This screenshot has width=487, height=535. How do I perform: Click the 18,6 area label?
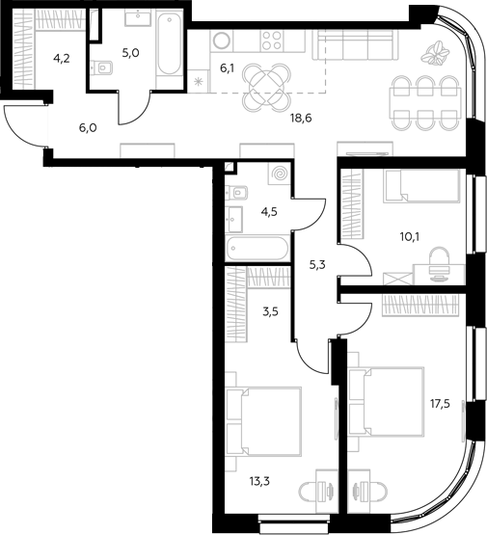pyautogui.click(x=301, y=119)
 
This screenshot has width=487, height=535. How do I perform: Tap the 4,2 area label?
pyautogui.click(x=62, y=59)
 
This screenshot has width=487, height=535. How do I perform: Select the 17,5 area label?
pyautogui.click(x=440, y=404)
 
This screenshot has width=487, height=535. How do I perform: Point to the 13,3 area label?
pyautogui.click(x=259, y=481)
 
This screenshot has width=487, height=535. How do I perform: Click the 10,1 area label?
pyautogui.click(x=410, y=236)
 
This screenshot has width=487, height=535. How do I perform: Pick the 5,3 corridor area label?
pyautogui.click(x=317, y=264)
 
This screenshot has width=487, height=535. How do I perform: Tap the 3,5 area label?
pyautogui.click(x=270, y=311)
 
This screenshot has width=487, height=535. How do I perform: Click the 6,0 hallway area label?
pyautogui.click(x=88, y=128)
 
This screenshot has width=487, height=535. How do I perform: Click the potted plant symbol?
pyautogui.click(x=435, y=53)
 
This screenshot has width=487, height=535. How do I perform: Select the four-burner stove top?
pyautogui.click(x=272, y=40)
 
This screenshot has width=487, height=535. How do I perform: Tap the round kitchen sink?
pyautogui.click(x=222, y=40)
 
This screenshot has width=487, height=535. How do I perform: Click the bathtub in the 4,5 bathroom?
pyautogui.click(x=257, y=249)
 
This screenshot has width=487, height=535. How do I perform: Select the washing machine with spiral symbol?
pyautogui.click(x=280, y=174)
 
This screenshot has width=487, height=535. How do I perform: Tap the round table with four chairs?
pyautogui.click(x=267, y=87)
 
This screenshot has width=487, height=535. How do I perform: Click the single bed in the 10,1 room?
pyautogui.click(x=421, y=187)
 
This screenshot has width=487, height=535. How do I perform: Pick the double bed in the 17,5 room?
pyautogui.click(x=387, y=402)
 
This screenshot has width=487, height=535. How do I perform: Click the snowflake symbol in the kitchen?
pyautogui.click(x=198, y=82)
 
